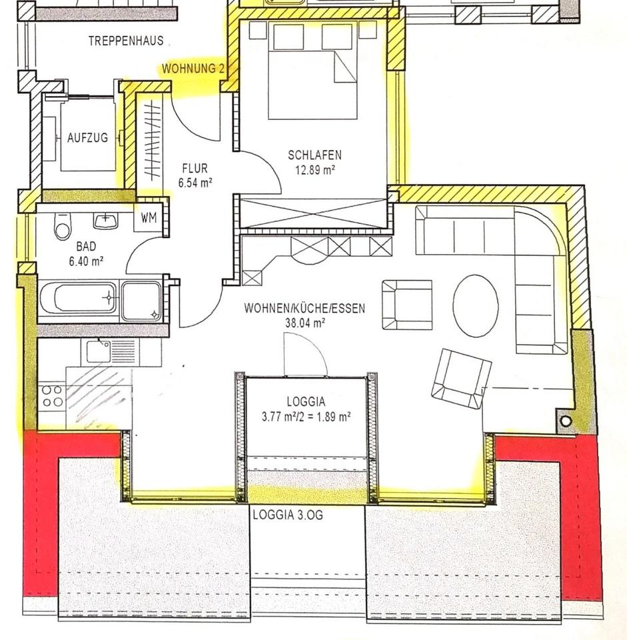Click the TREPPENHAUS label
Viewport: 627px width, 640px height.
pyautogui.click(x=126, y=41)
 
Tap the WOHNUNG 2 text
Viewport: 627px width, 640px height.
pyautogui.click(x=193, y=69)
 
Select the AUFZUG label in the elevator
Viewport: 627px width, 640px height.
pyautogui.click(x=88, y=137)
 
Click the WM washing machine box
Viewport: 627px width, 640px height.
pyautogui.click(x=149, y=218)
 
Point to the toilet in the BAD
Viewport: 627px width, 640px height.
pyautogui.click(x=63, y=226)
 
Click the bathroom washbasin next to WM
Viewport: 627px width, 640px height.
pyautogui.click(x=106, y=221)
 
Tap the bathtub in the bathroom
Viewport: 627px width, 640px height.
pyautogui.click(x=79, y=299)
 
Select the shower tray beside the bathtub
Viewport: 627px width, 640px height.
pyautogui.click(x=142, y=300)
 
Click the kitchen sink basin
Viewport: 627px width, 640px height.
pyautogui.click(x=98, y=352)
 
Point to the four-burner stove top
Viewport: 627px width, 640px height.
pyautogui.click(x=52, y=396)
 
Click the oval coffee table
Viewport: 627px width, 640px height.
pyautogui.click(x=475, y=305)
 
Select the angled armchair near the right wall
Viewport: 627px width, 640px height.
pyautogui.click(x=461, y=379)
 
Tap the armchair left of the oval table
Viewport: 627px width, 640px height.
pyautogui.click(x=406, y=305)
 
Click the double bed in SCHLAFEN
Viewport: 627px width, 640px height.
pyautogui.click(x=313, y=71)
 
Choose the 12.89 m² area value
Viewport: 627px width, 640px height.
pyautogui.click(x=315, y=169)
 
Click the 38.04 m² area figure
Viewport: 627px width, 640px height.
pyautogui.click(x=305, y=323)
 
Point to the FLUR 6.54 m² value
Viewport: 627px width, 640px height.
pyautogui.click(x=195, y=183)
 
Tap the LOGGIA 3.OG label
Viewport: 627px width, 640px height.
pyautogui.click(x=288, y=515)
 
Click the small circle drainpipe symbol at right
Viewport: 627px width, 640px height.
pyautogui.click(x=566, y=421)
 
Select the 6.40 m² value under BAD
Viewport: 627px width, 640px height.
pyautogui.click(x=86, y=261)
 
